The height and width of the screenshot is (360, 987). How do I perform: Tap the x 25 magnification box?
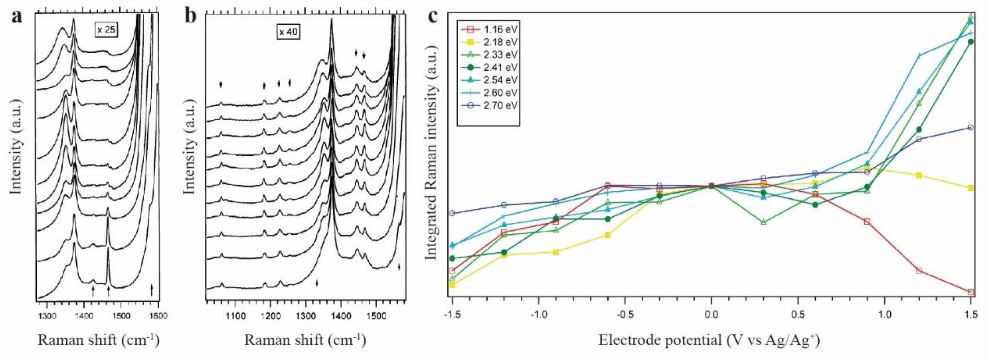click(x=106, y=29)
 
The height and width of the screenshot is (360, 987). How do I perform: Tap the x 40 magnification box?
click(x=288, y=32)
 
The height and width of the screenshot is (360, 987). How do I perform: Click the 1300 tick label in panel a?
click(x=47, y=316)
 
